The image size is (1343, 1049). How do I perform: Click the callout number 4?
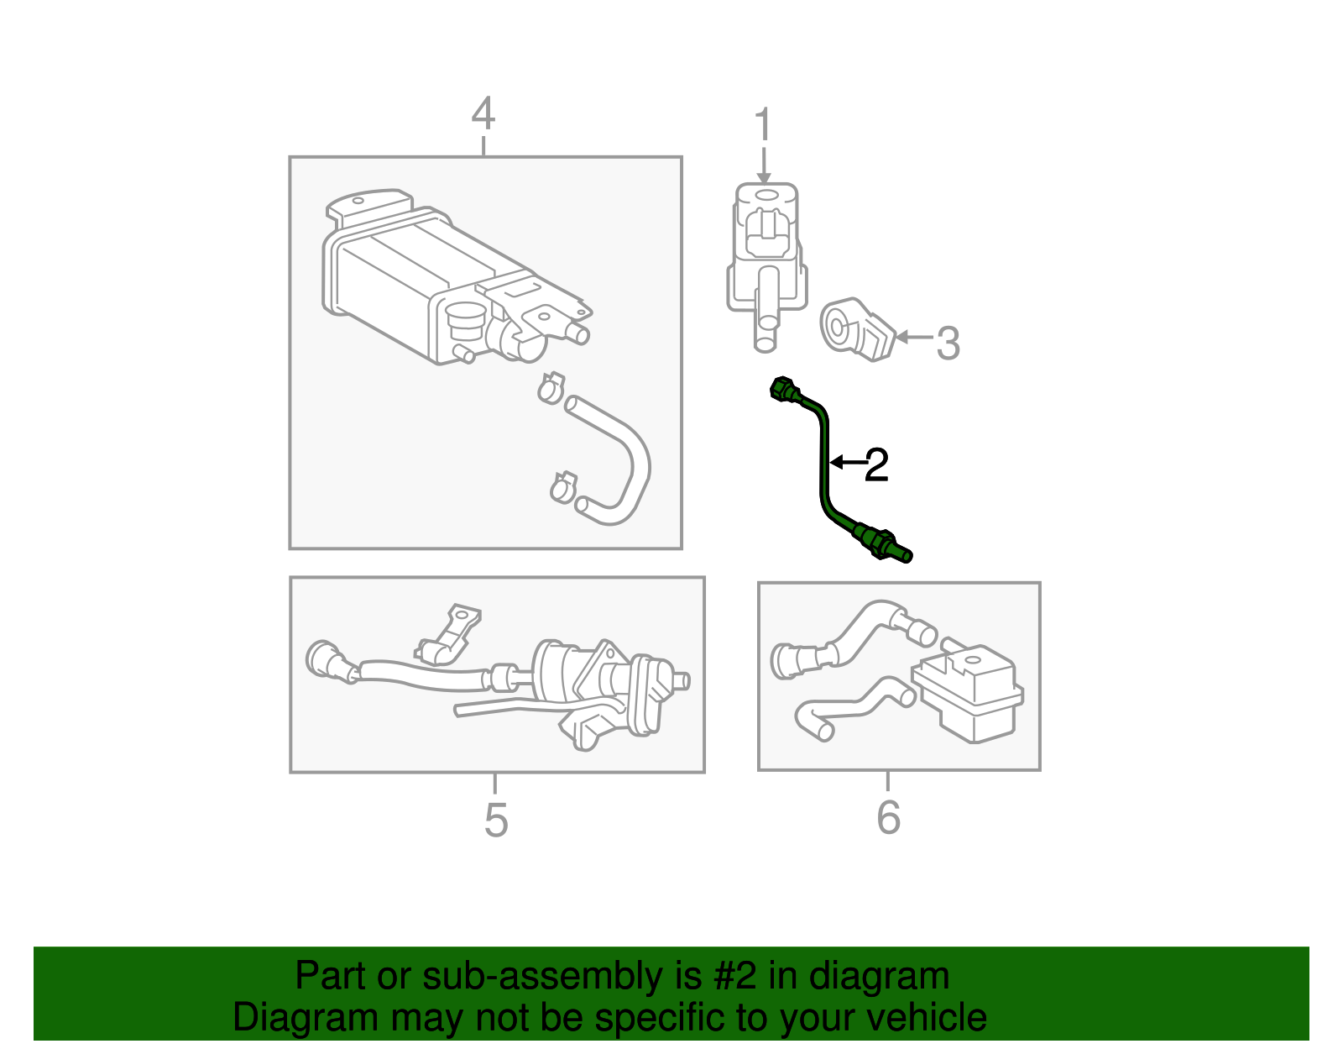pyautogui.click(x=483, y=115)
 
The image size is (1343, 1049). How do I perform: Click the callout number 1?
pyautogui.click(x=762, y=126)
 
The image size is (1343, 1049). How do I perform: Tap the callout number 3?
pyautogui.click(x=948, y=343)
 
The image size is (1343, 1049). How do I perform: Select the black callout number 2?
pyautogui.click(x=875, y=465)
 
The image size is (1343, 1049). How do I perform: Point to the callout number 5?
pyautogui.click(x=496, y=820)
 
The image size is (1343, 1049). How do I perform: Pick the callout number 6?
pyautogui.click(x=888, y=817)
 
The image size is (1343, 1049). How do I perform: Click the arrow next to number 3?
pyautogui.click(x=913, y=338)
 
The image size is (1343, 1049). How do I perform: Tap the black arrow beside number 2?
pyautogui.click(x=846, y=462)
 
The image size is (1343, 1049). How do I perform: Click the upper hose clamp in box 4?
pyautogui.click(x=551, y=388)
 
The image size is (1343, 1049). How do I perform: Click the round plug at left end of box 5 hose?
pyautogui.click(x=323, y=660)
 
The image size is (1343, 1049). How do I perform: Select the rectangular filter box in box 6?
pyautogui.click(x=969, y=694)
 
